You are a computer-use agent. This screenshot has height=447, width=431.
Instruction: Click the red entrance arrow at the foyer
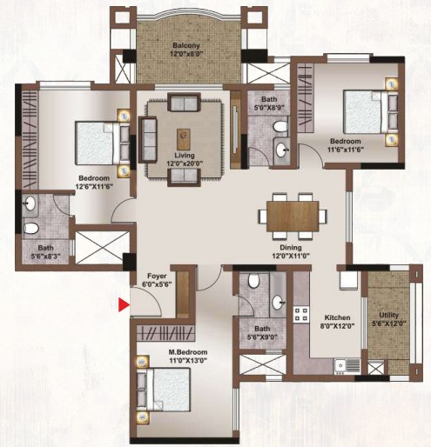point(124,305)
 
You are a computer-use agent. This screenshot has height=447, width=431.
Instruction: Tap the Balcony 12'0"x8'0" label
point(186,50)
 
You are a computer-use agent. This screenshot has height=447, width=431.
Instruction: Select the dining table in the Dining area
point(293,216)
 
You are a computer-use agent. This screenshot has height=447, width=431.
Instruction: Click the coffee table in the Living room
point(184,139)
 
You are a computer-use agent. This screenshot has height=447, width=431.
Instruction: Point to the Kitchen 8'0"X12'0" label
point(337,321)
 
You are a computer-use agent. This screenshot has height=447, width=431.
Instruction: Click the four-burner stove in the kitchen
point(301,315)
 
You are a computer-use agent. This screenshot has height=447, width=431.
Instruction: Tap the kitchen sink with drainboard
point(347,366)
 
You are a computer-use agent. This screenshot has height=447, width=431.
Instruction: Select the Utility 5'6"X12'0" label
point(388,319)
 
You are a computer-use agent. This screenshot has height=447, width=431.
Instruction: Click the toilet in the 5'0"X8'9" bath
point(280,126)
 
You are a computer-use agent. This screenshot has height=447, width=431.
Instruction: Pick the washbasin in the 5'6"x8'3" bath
point(30,203)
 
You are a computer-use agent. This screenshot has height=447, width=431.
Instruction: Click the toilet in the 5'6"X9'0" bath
point(254,281)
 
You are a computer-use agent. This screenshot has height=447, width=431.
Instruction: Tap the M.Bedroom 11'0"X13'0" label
point(188,357)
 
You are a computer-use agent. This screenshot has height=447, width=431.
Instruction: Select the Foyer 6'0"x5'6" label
point(157,280)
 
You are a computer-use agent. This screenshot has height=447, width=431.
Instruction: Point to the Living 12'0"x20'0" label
point(185,159)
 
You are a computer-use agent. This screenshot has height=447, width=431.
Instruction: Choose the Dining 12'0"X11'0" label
point(291,251)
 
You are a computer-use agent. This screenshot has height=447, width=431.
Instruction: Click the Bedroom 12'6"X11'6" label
point(94,182)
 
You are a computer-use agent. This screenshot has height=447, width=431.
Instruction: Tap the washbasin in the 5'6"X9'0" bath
point(278,303)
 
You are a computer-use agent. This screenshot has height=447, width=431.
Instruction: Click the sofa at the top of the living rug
point(184,102)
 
